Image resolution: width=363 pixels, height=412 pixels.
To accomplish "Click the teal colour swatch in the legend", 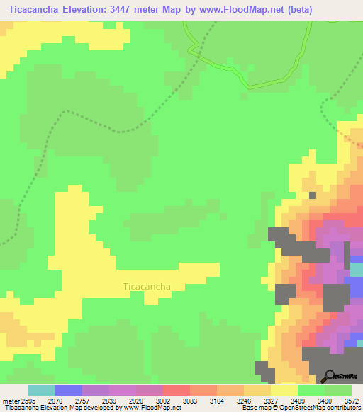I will tap(42, 390).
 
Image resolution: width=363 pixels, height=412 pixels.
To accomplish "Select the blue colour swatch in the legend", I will tap(69, 390).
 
